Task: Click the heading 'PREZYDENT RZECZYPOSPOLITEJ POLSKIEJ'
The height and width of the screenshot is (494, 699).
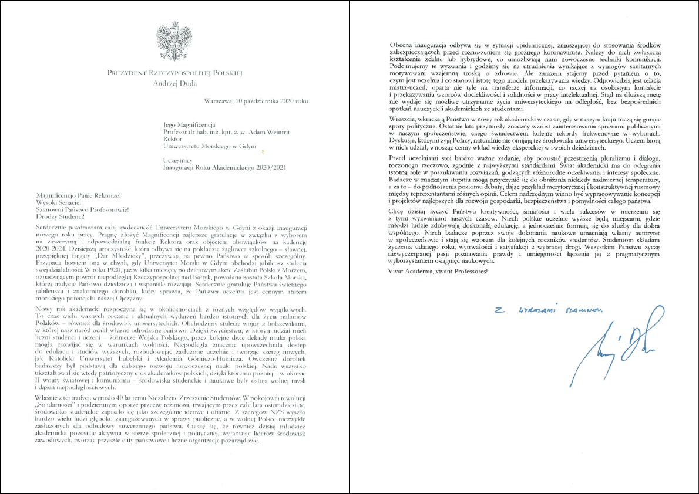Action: point(175,73)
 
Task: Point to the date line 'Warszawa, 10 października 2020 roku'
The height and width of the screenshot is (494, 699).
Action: point(255,101)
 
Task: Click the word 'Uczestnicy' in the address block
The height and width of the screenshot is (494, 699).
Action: point(179,160)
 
